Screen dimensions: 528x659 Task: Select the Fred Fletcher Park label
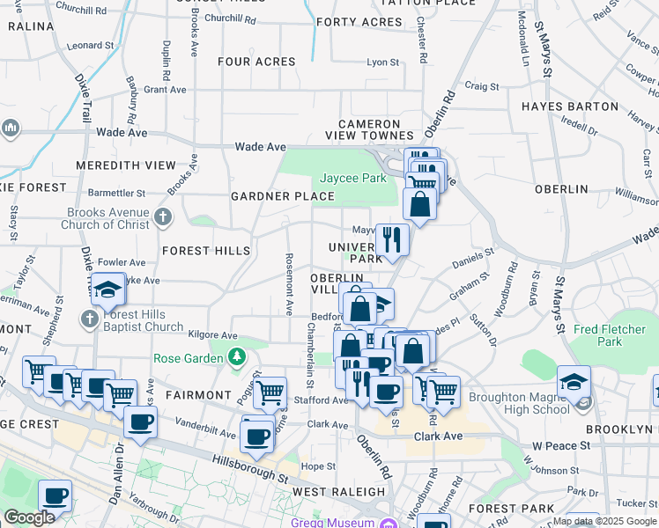pyautogui.click(x=610, y=335)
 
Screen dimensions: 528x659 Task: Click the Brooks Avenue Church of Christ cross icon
pyautogui.click(x=162, y=216)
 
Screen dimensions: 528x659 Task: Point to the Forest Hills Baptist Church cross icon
pyautogui.click(x=92, y=317)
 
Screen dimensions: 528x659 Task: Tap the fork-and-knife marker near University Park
pyautogui.click(x=392, y=239)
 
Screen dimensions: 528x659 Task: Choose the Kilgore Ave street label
pyautogui.click(x=213, y=335)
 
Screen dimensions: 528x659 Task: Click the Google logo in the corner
pyautogui.click(x=29, y=517)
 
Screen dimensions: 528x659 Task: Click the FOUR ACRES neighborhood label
pyautogui.click(x=256, y=62)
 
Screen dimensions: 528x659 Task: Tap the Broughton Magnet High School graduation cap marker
pyautogui.click(x=574, y=382)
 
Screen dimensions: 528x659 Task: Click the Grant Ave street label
pyautogui.click(x=165, y=90)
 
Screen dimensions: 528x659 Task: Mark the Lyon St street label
pyautogui.click(x=383, y=62)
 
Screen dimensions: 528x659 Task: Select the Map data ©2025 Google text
pyautogui.click(x=604, y=521)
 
